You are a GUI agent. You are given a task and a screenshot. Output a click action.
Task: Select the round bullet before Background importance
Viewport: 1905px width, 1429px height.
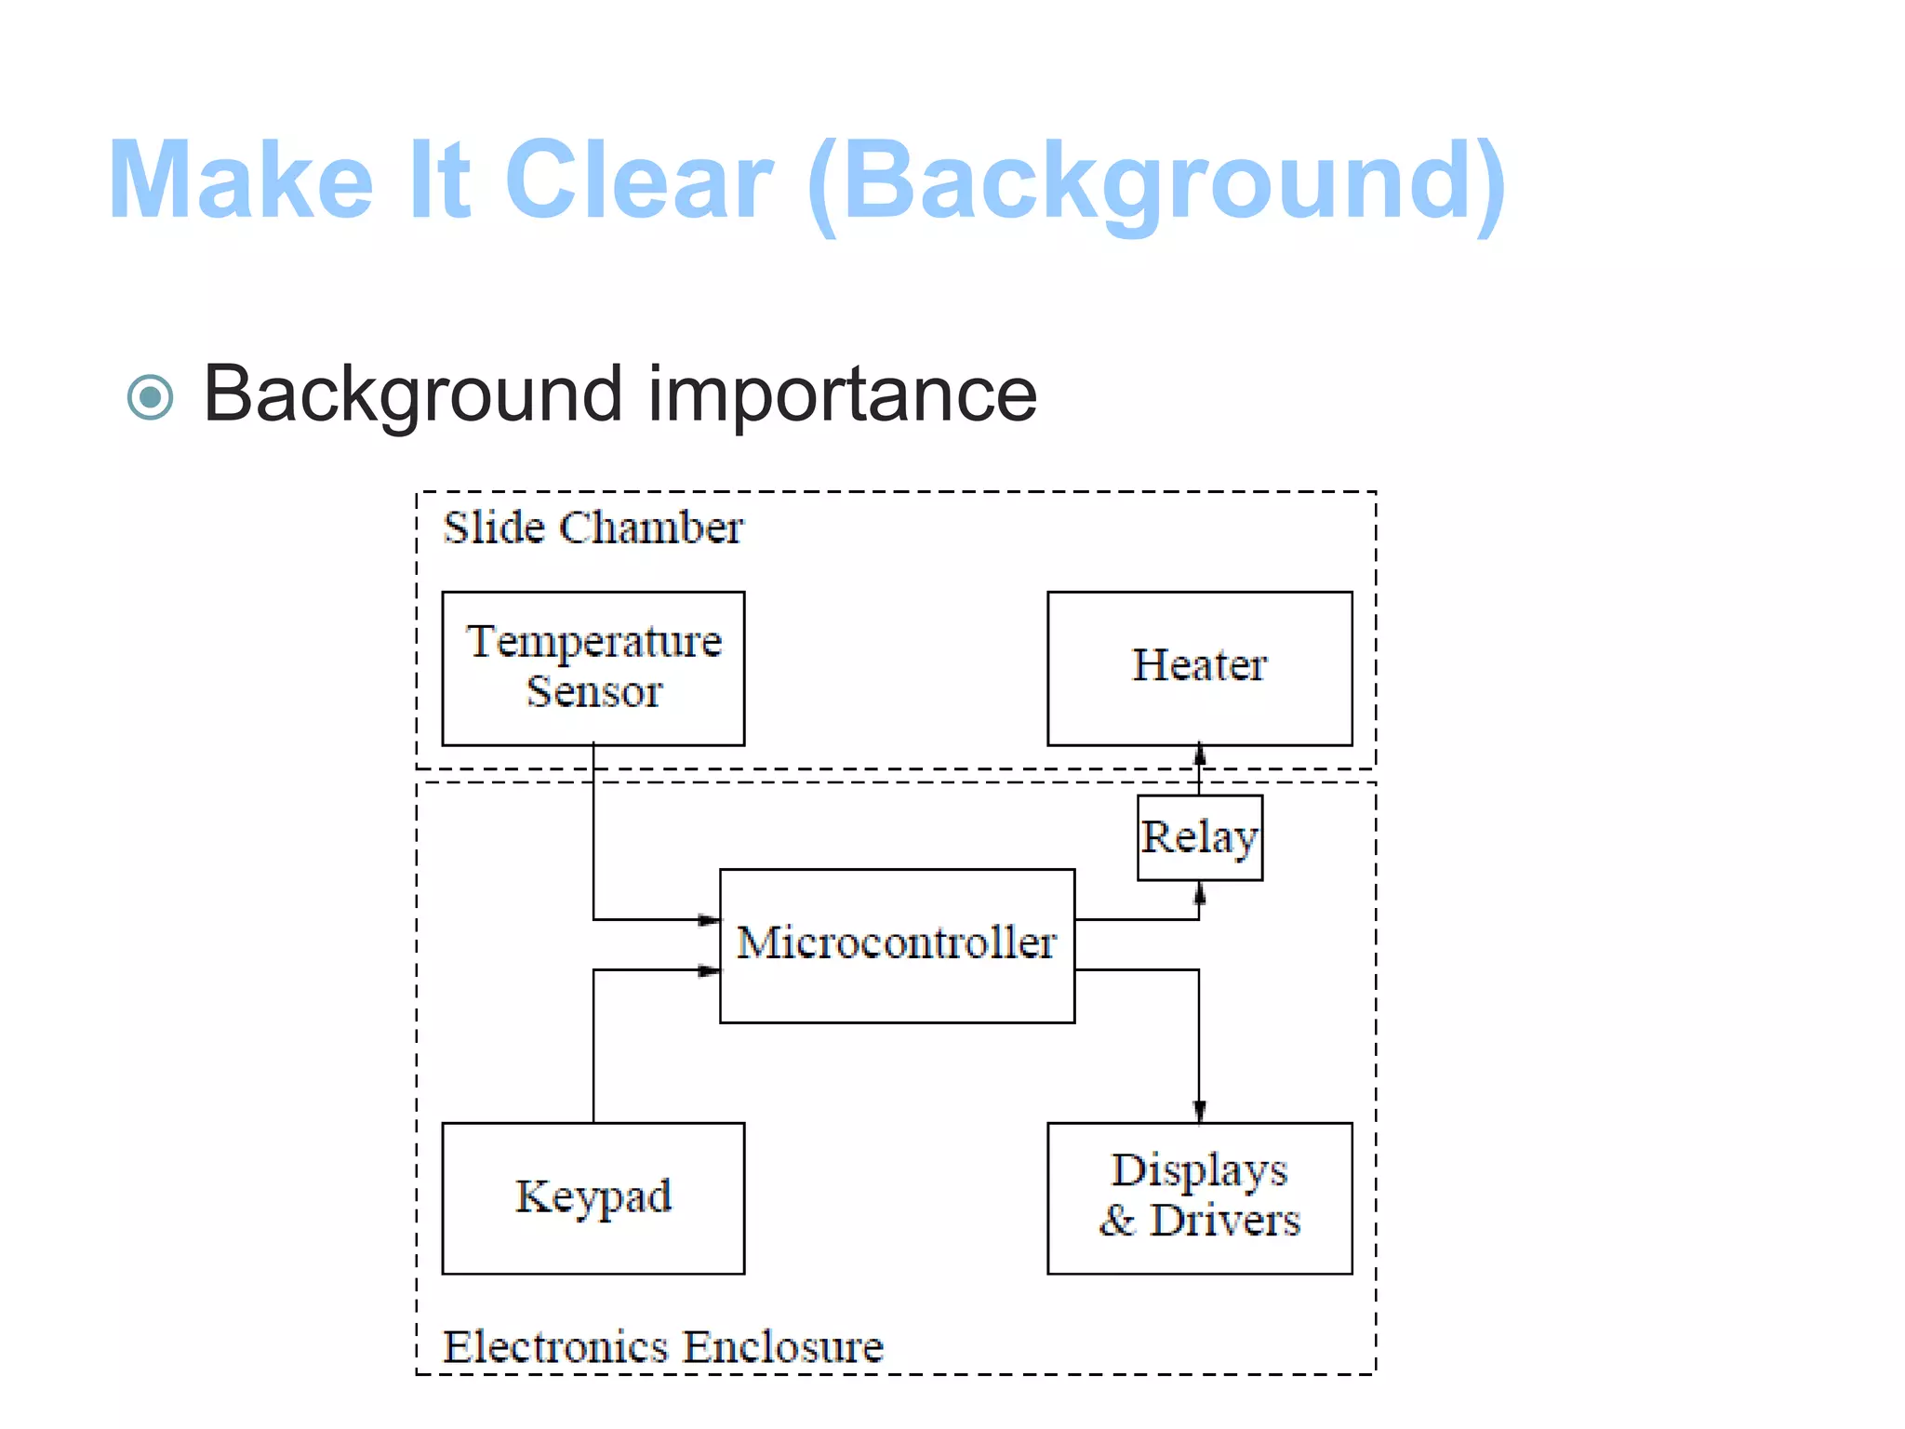pos(150,398)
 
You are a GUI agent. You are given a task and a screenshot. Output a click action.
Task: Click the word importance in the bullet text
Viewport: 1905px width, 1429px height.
pos(842,394)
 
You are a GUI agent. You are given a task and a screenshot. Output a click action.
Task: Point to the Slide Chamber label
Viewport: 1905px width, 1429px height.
pos(593,528)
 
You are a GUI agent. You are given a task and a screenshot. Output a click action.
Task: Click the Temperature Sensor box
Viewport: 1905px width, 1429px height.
pos(593,668)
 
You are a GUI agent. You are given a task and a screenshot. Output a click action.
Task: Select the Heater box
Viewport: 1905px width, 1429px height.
pos(1199,668)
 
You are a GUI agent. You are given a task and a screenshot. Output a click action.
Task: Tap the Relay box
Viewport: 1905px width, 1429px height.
pos(1199,837)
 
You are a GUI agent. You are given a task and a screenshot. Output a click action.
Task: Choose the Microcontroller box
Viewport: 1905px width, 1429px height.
pos(897,945)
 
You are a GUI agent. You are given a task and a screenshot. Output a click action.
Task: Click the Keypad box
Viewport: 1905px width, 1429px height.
pos(593,1198)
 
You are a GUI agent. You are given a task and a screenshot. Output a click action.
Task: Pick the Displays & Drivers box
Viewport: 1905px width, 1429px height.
pos(1199,1198)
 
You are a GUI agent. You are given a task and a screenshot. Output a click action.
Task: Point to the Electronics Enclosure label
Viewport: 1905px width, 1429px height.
pos(662,1347)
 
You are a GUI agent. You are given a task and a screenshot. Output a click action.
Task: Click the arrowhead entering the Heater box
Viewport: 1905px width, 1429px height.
pos(1199,755)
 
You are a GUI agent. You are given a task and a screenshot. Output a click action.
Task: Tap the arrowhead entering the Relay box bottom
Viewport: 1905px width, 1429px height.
pos(1199,893)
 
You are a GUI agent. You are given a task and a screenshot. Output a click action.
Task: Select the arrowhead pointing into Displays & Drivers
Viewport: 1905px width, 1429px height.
pos(1199,1111)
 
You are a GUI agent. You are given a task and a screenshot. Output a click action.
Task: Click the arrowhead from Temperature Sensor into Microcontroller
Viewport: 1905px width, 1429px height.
pos(709,920)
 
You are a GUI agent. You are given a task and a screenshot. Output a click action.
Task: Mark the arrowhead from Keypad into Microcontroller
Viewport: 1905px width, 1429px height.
pos(709,970)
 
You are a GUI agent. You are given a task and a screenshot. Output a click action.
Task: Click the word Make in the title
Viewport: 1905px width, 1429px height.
pos(241,180)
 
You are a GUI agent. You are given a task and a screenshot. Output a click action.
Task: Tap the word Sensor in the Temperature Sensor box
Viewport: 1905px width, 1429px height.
pos(593,692)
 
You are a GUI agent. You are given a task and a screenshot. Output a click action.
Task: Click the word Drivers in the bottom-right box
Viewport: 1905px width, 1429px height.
pos(1224,1221)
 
